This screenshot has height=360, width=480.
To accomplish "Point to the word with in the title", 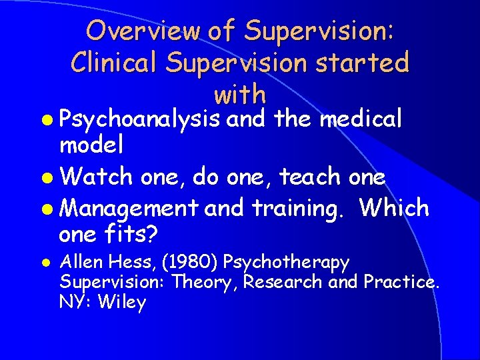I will point(240,94).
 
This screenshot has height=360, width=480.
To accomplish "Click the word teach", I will point(312,177).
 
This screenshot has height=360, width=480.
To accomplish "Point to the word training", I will point(297,209).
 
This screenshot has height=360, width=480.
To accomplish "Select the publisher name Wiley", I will point(121,302).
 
